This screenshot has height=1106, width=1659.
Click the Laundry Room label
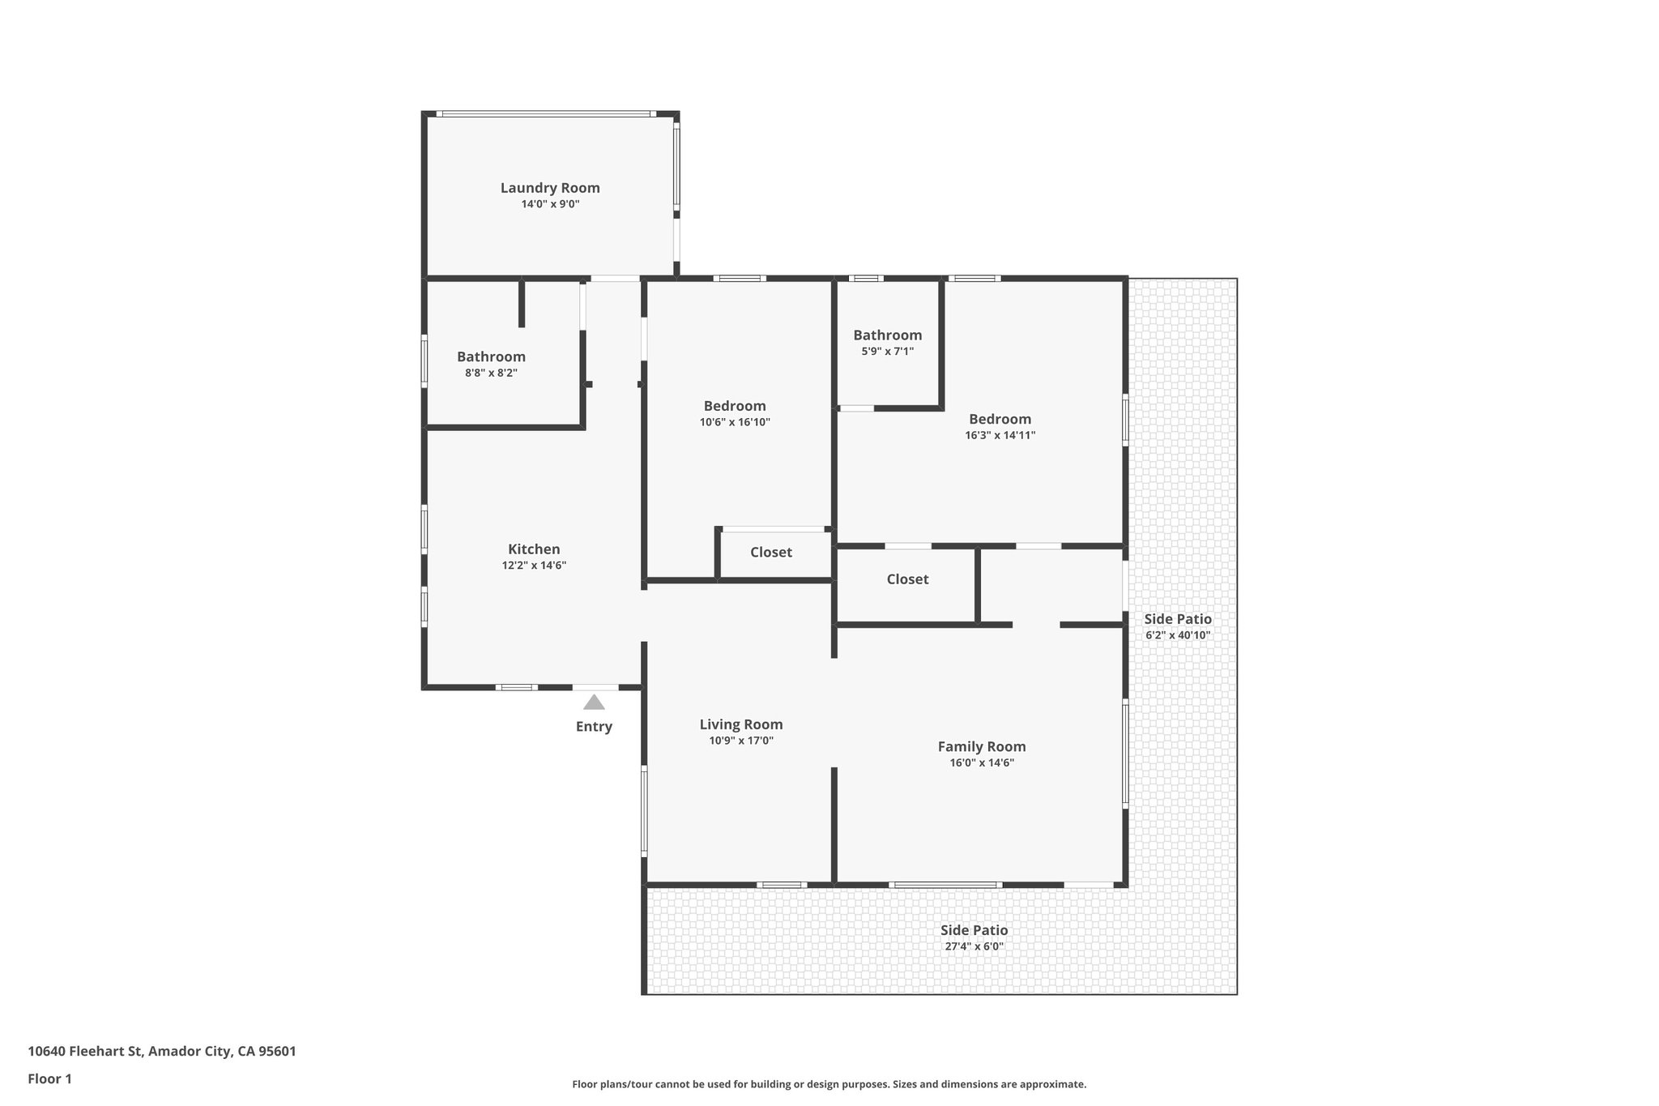(550, 188)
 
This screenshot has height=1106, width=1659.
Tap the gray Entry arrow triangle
(594, 702)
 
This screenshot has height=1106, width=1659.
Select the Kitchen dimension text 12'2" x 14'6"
(534, 566)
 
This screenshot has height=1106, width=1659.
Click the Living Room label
(741, 724)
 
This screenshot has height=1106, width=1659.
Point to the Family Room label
(982, 746)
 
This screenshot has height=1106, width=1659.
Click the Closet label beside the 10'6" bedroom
(771, 553)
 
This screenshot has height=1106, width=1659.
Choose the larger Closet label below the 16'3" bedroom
(907, 579)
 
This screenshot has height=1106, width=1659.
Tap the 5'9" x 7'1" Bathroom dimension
(888, 352)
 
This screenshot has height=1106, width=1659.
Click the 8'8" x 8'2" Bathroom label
(491, 357)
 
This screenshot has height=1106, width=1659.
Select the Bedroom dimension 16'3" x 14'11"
(1000, 435)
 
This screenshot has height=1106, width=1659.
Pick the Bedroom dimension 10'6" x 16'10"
(735, 422)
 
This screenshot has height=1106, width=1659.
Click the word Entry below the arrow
(594, 727)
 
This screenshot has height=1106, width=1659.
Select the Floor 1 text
(50, 1078)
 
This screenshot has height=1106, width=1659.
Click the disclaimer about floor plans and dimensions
(829, 1084)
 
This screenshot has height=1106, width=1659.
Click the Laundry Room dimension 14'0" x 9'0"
(550, 204)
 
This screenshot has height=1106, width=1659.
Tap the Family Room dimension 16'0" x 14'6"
(982, 762)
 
